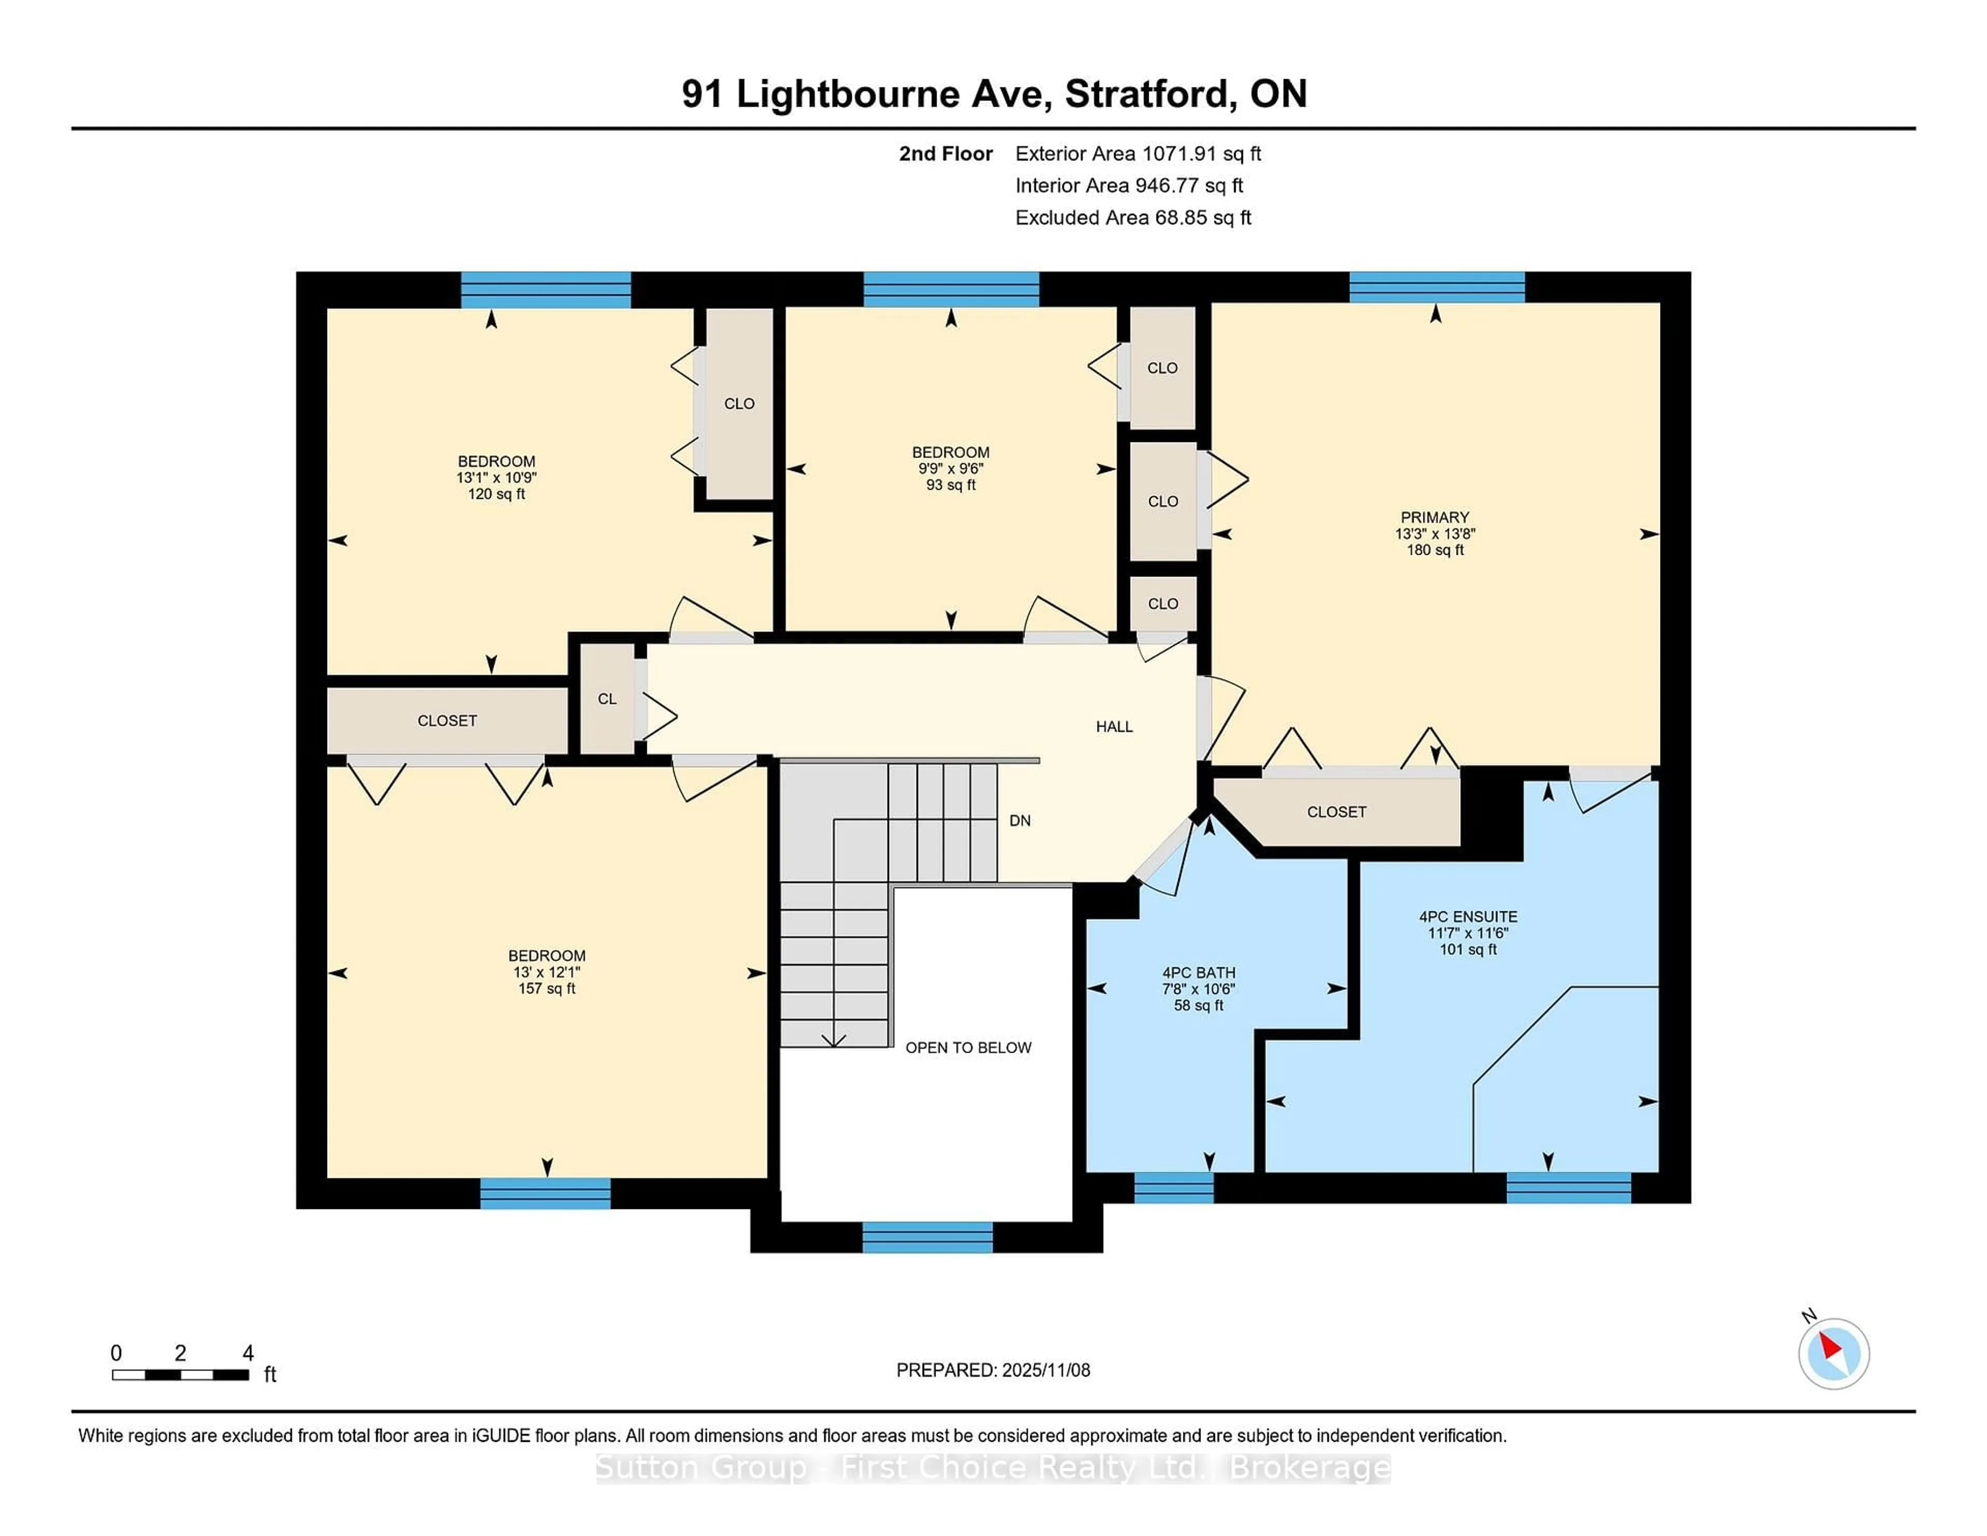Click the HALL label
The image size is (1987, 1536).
(x=1114, y=726)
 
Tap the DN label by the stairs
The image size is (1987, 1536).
(x=1020, y=821)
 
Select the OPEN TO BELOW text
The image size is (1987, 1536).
(x=968, y=1047)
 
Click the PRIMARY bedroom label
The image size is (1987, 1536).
(x=1435, y=517)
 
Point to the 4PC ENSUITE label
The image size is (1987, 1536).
(x=1467, y=917)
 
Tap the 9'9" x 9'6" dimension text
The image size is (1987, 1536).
(x=951, y=469)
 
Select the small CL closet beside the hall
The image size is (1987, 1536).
(x=607, y=699)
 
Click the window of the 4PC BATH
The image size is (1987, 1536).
(x=1174, y=1188)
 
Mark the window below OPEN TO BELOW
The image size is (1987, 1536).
(x=927, y=1237)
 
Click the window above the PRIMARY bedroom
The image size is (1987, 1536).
(x=1436, y=287)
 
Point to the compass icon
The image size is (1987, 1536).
(x=1833, y=1353)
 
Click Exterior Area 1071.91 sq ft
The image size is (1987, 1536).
(x=1137, y=154)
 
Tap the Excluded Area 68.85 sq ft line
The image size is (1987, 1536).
(x=1133, y=217)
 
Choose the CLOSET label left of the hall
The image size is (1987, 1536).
(x=447, y=721)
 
